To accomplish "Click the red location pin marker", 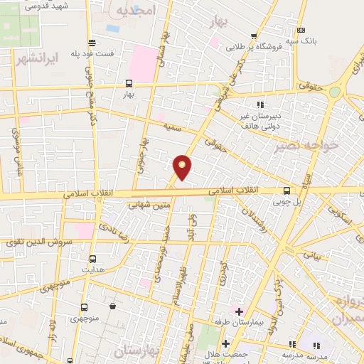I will click(183, 166).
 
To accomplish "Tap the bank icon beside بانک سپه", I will click(301, 30).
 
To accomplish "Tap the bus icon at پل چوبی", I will click(287, 191).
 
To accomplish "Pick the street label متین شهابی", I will click(149, 205).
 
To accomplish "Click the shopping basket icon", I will click(113, 306).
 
